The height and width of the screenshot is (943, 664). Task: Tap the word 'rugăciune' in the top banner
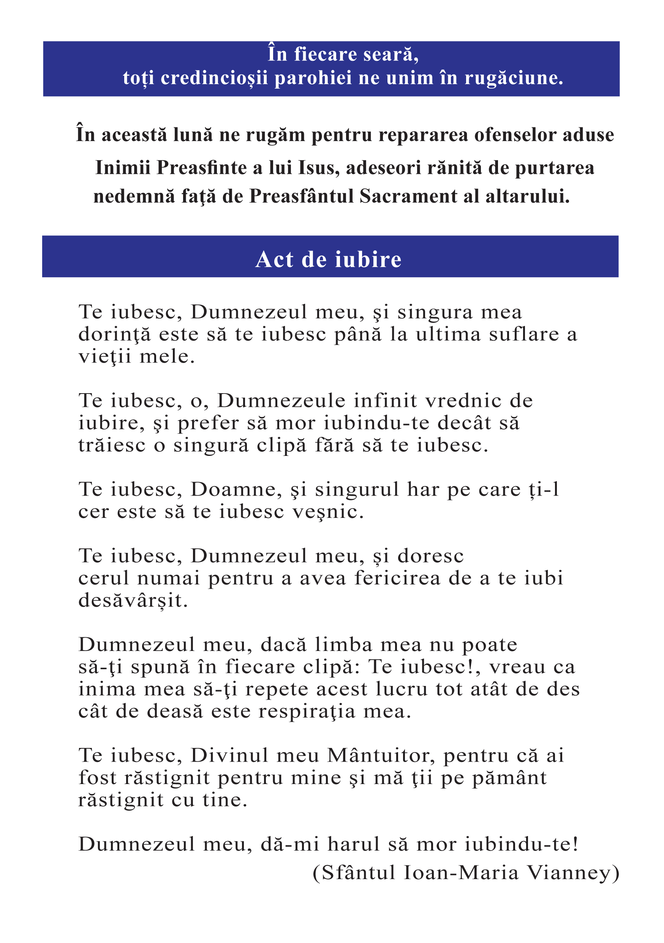[514, 78]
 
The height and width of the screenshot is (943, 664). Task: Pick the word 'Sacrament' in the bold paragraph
[408, 197]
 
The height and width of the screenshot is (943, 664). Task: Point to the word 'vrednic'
[463, 400]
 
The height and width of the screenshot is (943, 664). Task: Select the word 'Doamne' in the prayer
[236, 490]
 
